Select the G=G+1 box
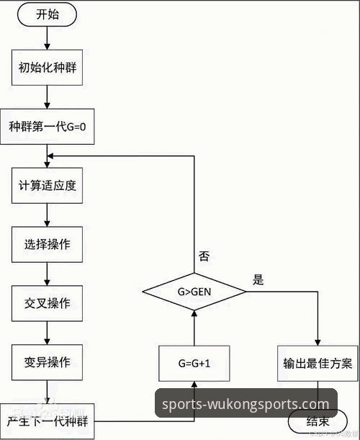[194, 363]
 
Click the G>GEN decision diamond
[194, 292]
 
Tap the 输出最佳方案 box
[318, 363]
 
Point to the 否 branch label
[204, 256]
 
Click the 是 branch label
[258, 279]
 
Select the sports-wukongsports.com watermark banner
[246, 403]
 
